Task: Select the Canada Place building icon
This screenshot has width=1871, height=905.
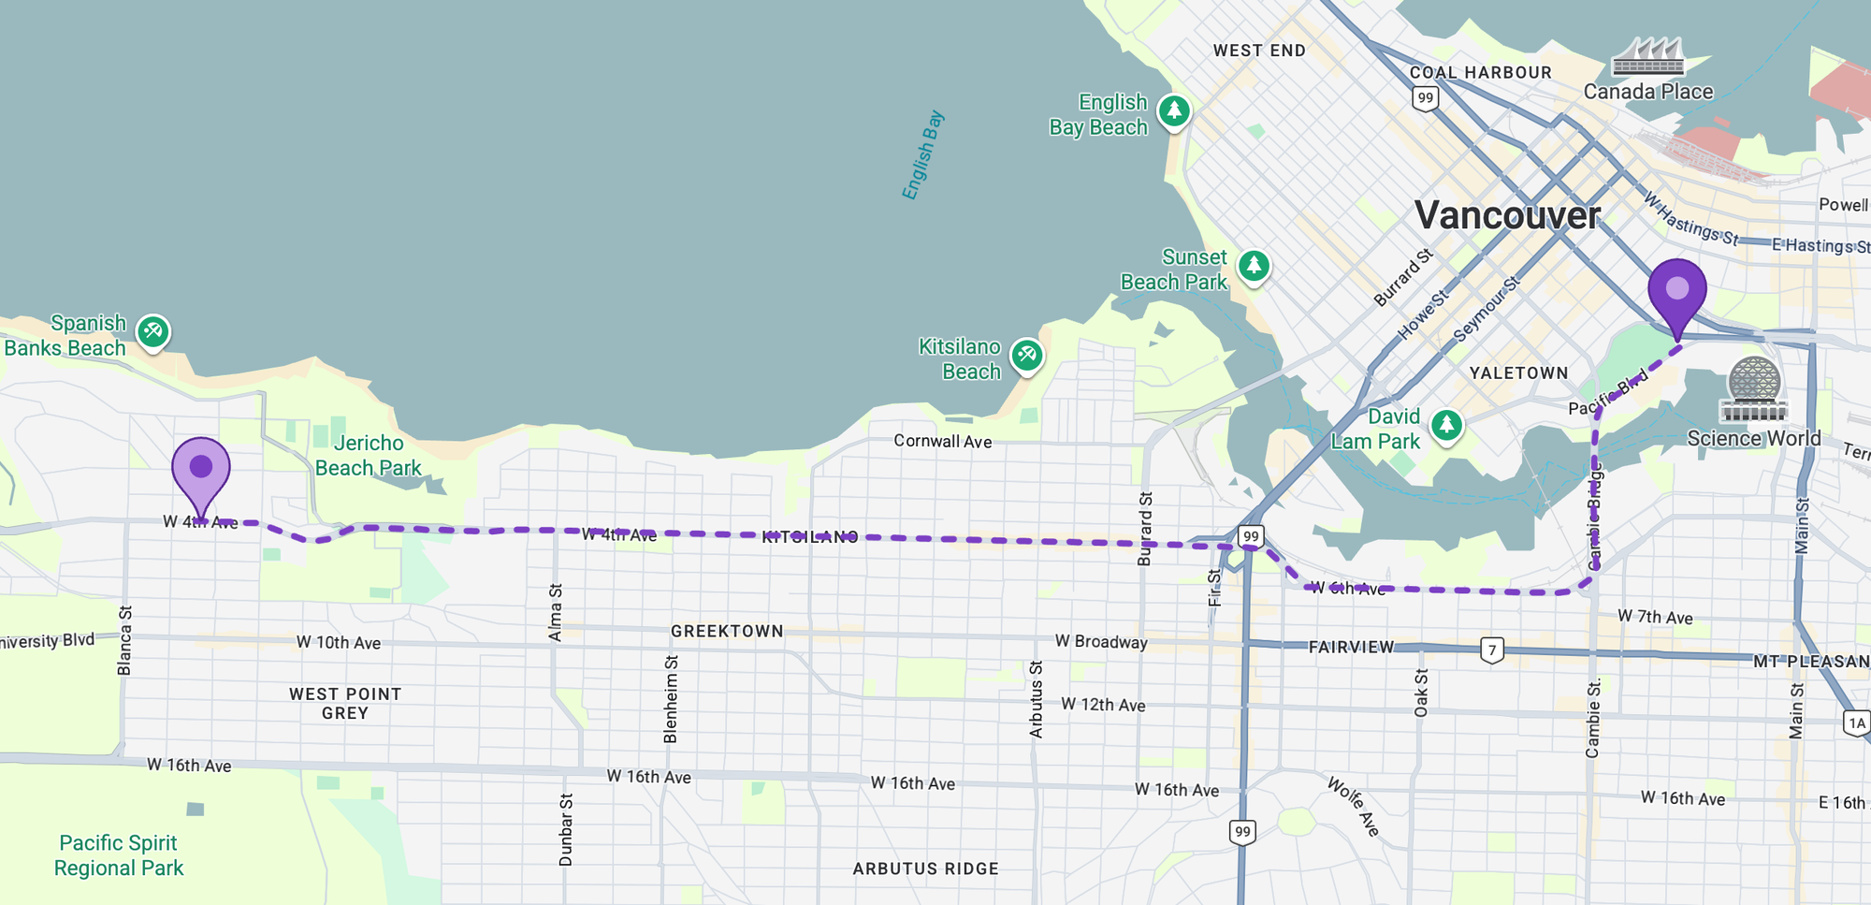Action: (1647, 58)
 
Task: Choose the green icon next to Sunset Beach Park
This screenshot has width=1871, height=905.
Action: (1254, 267)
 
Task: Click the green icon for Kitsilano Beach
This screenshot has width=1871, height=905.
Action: (1026, 356)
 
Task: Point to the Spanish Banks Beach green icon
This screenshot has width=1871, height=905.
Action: (152, 331)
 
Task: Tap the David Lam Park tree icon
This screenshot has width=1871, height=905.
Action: (1446, 426)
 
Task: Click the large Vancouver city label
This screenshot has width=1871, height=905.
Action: (1507, 216)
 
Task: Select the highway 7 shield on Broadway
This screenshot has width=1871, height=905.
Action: (1492, 650)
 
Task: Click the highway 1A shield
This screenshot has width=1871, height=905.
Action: (1857, 723)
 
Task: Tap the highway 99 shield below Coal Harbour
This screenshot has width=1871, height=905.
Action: (1425, 98)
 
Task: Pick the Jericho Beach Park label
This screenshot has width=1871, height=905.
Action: (369, 456)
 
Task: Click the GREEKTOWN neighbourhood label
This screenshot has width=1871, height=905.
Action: (727, 632)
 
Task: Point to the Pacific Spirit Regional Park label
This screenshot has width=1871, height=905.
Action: (119, 855)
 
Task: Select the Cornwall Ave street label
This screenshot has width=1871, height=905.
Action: (942, 442)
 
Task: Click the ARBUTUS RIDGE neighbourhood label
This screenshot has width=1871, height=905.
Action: (925, 869)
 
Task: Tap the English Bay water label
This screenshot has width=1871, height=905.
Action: (922, 155)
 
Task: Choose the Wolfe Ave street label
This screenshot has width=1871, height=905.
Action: (1353, 806)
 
